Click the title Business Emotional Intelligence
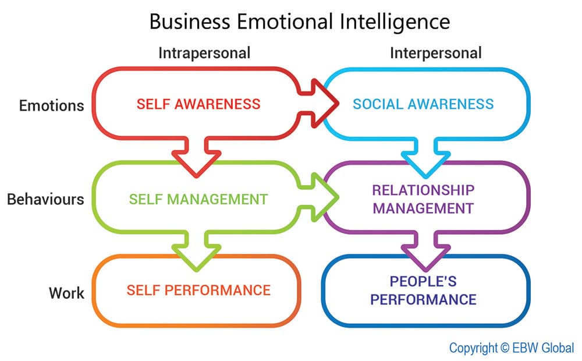(299, 22)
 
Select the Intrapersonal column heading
(204, 53)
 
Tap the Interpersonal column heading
(435, 53)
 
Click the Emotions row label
(51, 105)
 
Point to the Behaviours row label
(45, 199)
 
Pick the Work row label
(66, 292)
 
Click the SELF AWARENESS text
(198, 104)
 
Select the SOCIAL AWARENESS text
(423, 104)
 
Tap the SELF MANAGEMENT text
(198, 199)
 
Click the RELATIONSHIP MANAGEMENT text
(423, 199)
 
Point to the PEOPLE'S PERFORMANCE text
(423, 291)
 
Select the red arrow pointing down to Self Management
(196, 158)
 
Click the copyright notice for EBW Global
(511, 348)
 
